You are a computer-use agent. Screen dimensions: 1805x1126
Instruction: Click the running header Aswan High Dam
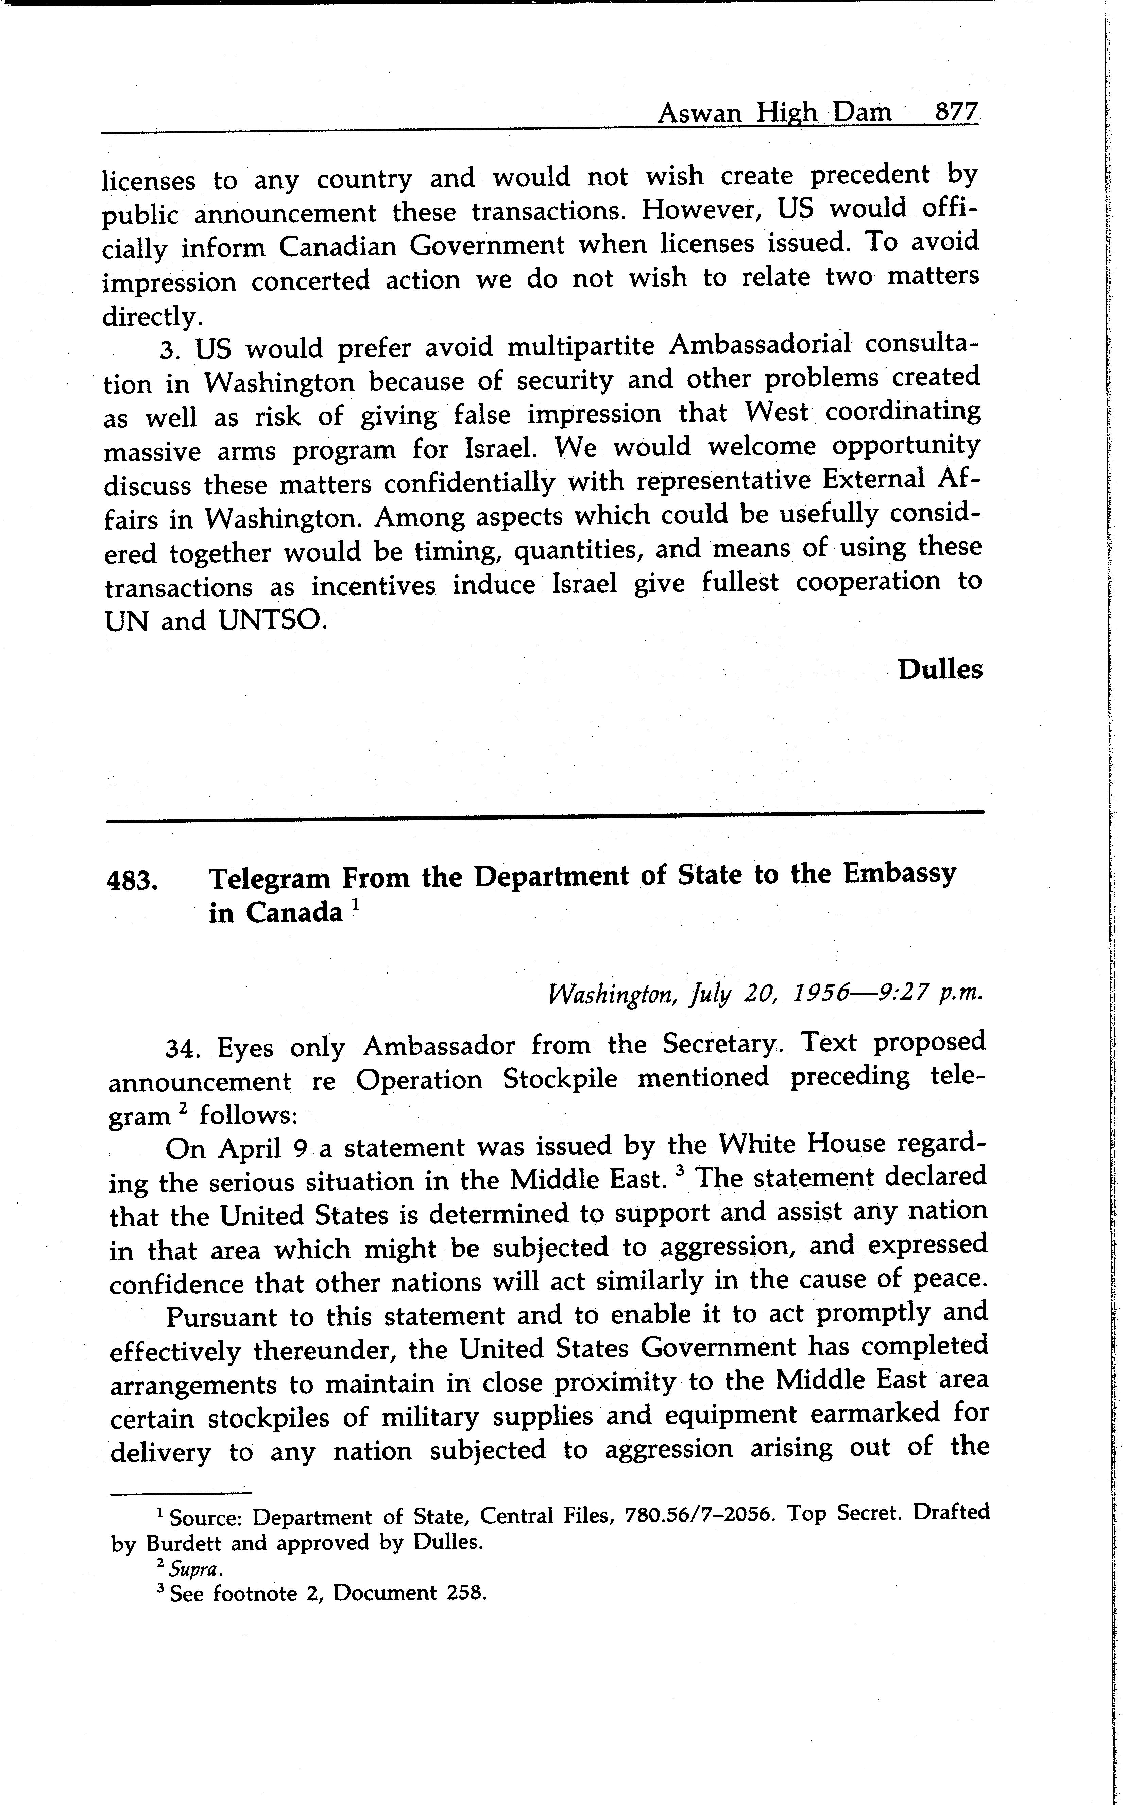774,113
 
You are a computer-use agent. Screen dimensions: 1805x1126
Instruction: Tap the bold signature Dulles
940,669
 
